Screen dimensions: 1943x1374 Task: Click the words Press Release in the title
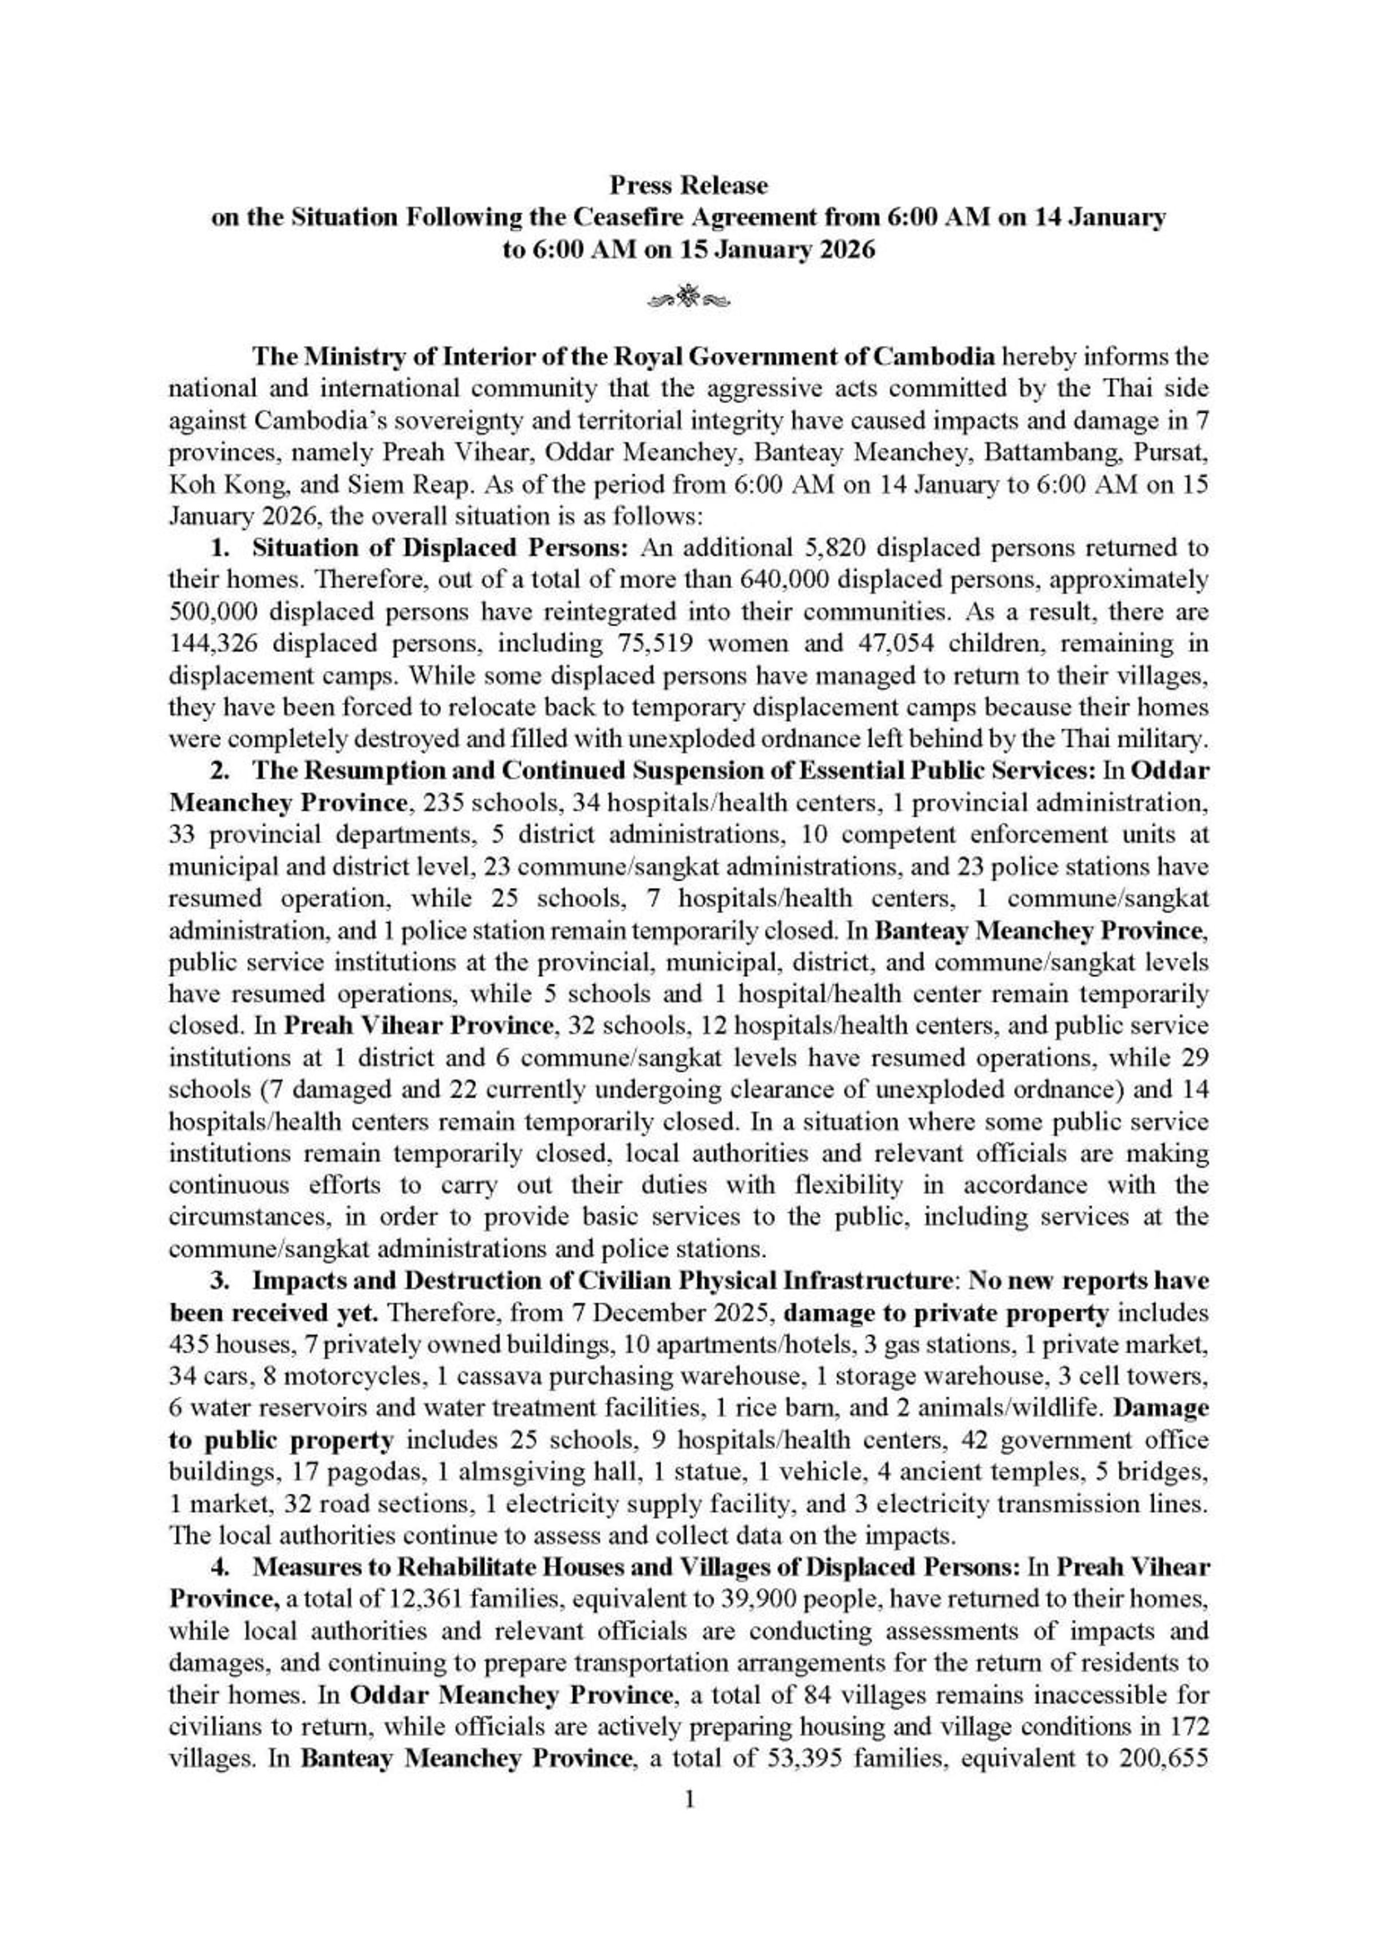coord(688,184)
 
